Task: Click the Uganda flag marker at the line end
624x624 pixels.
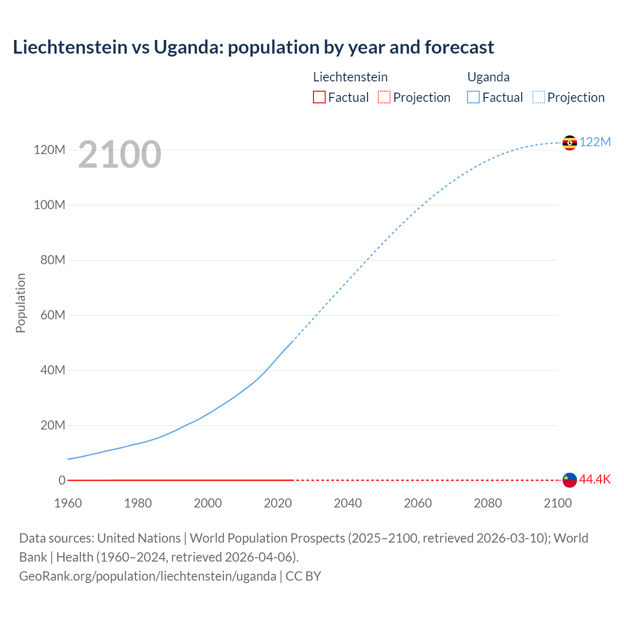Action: pyautogui.click(x=569, y=143)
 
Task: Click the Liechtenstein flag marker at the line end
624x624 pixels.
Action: pyautogui.click(x=569, y=480)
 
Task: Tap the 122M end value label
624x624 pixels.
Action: pyautogui.click(x=595, y=142)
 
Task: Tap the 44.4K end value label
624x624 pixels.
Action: pyautogui.click(x=595, y=480)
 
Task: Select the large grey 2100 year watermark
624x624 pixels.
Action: pyautogui.click(x=119, y=155)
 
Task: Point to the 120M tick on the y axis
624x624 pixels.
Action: pyautogui.click(x=49, y=150)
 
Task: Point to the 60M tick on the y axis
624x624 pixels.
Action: pyautogui.click(x=53, y=315)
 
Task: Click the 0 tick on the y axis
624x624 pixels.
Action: pyautogui.click(x=62, y=480)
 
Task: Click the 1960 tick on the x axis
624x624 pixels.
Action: pyautogui.click(x=68, y=503)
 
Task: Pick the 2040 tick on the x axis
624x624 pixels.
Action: pyautogui.click(x=348, y=503)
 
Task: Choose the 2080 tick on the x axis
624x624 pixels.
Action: pyautogui.click(x=487, y=503)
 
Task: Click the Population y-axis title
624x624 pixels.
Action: pyautogui.click(x=20, y=303)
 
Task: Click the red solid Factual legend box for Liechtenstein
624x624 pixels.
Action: pyautogui.click(x=319, y=97)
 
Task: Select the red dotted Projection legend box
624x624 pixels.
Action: pyautogui.click(x=384, y=97)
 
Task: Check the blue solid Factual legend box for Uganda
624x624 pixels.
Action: pyautogui.click(x=473, y=97)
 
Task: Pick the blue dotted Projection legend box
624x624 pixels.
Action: pyautogui.click(x=538, y=97)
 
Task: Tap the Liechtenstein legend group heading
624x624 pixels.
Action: pyautogui.click(x=350, y=77)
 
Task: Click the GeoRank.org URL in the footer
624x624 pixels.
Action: pyautogui.click(x=148, y=576)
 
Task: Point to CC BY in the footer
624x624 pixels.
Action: pyautogui.click(x=303, y=576)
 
